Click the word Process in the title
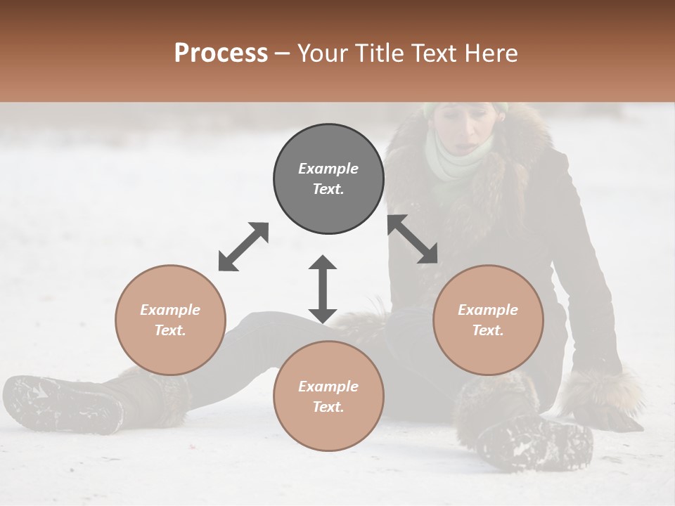pos(221,53)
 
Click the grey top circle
pos(328,179)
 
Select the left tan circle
pos(170,320)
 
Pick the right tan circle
pos(488,320)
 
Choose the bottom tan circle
pos(328,396)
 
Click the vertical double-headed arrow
pos(323,289)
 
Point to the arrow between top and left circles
pos(243,246)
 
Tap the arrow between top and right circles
pos(413,239)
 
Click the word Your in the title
pos(322,53)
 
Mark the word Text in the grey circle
pos(328,189)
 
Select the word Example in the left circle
pos(170,310)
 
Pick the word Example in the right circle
pos(488,310)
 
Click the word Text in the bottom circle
pos(328,407)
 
